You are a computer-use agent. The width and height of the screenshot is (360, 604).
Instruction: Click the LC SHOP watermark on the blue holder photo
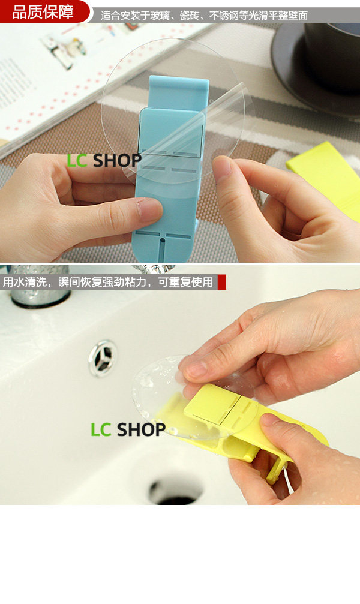104,161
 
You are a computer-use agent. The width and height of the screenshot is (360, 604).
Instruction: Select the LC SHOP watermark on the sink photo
128,429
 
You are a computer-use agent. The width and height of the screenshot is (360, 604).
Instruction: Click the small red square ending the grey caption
221,282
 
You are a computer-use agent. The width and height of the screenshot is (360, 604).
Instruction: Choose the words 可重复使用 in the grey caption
186,282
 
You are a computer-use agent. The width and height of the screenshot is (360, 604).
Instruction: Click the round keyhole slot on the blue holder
162,241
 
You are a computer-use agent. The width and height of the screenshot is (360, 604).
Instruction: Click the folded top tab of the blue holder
178,92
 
